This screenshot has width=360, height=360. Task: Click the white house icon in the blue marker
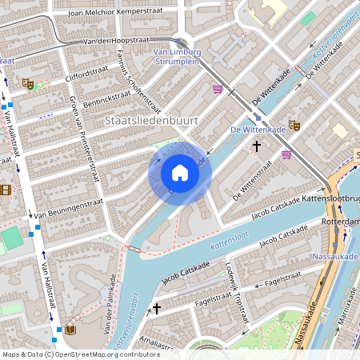(x=180, y=173)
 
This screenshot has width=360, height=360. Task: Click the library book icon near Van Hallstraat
(x=70, y=330)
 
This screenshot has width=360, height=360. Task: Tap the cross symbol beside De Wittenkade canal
(x=257, y=146)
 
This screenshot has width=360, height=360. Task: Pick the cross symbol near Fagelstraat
(x=157, y=307)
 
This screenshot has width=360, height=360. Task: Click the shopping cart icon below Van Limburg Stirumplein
(x=217, y=89)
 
